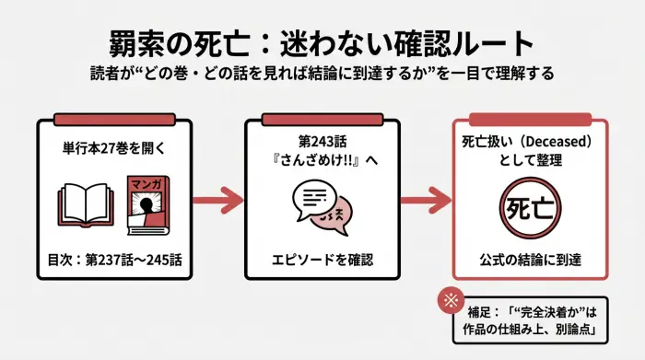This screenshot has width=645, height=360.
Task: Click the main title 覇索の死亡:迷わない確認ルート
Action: pyautogui.click(x=322, y=44)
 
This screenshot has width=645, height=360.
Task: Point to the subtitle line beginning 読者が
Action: pyautogui.click(x=322, y=74)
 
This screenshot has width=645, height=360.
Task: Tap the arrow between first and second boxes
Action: pyautogui.click(x=218, y=197)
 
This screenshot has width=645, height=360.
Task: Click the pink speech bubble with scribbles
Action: pyautogui.click(x=334, y=215)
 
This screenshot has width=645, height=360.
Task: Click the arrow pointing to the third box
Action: pyautogui.click(x=426, y=197)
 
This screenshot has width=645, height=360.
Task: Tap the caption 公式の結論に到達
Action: pyautogui.click(x=529, y=256)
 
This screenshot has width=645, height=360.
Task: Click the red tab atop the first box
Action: pyautogui.click(x=115, y=120)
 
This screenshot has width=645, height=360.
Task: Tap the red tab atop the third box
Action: pyautogui.click(x=529, y=120)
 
